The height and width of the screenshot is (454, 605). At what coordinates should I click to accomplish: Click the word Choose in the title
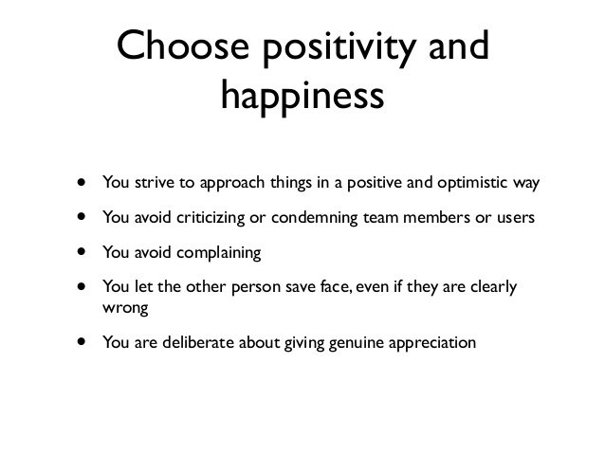(x=174, y=47)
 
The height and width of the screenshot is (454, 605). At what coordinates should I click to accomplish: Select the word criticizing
(x=211, y=218)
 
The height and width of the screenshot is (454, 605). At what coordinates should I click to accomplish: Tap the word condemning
(x=314, y=218)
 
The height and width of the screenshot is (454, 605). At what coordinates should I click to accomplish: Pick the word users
(x=512, y=218)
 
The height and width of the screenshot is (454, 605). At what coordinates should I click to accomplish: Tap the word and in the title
(x=452, y=47)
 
